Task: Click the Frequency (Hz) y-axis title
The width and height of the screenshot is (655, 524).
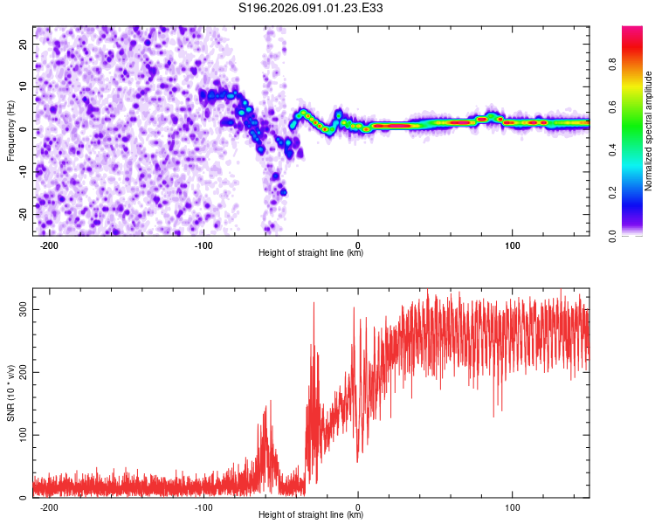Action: tap(10, 129)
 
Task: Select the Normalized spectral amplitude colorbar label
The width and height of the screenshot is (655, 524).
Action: tap(649, 131)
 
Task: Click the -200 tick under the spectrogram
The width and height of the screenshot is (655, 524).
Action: tap(49, 244)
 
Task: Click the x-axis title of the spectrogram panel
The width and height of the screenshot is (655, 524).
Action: tap(311, 253)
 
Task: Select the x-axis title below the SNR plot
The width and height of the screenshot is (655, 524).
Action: tap(311, 515)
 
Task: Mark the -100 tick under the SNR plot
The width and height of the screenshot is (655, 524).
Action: tap(203, 506)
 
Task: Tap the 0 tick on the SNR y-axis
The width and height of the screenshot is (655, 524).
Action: tap(26, 497)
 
